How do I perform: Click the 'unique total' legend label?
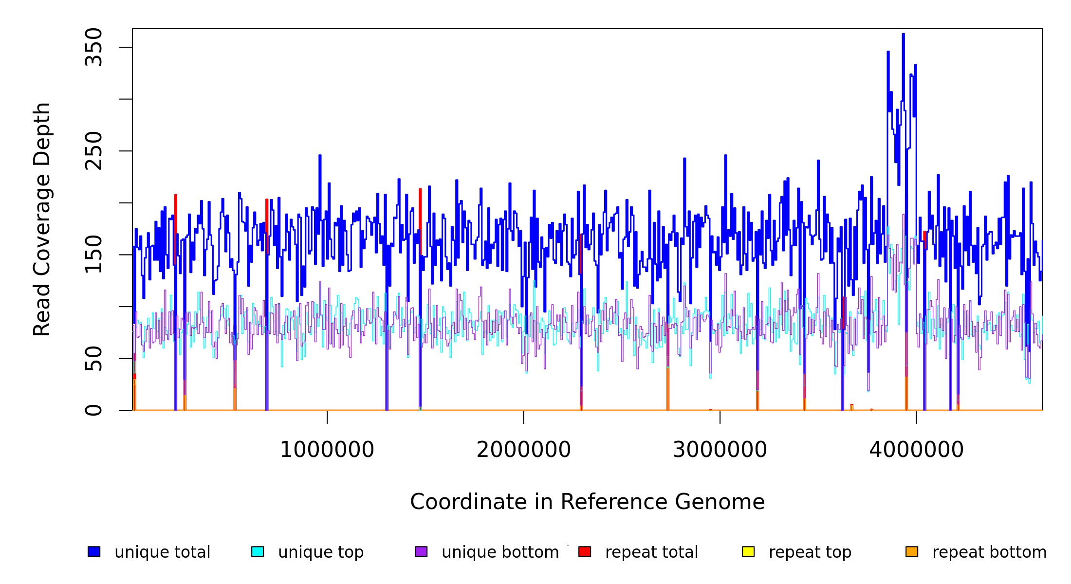tap(162, 552)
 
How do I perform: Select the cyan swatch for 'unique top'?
tap(258, 552)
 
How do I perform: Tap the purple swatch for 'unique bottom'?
tap(421, 552)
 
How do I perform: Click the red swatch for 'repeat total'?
tap(585, 552)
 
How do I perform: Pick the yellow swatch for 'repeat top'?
tap(748, 552)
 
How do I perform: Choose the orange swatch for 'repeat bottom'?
tap(912, 552)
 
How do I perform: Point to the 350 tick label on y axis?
tap(93, 47)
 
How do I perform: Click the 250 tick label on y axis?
tap(93, 151)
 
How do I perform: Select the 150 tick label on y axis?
tap(93, 255)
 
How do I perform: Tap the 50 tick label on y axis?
tap(93, 359)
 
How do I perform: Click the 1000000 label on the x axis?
tap(327, 450)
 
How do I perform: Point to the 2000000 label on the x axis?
tap(524, 450)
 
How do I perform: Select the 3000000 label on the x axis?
tap(720, 450)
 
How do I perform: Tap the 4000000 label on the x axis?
tap(917, 450)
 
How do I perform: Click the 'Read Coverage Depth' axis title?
tap(42, 219)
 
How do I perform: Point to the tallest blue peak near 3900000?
tap(903, 35)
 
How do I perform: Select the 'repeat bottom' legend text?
tap(989, 552)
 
